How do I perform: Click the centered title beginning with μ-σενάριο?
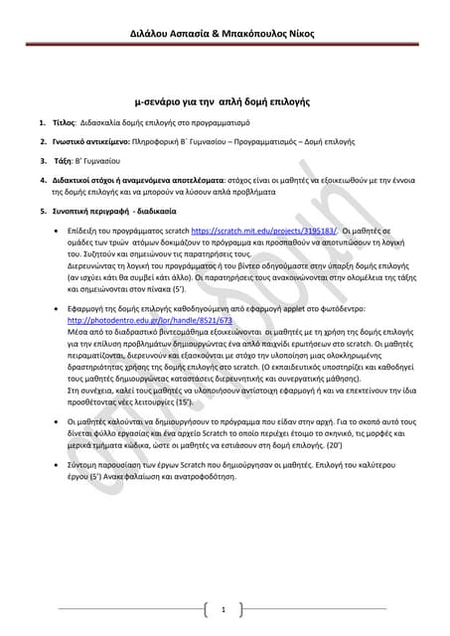pyautogui.click(x=224, y=101)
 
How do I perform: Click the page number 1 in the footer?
pyautogui.click(x=225, y=608)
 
